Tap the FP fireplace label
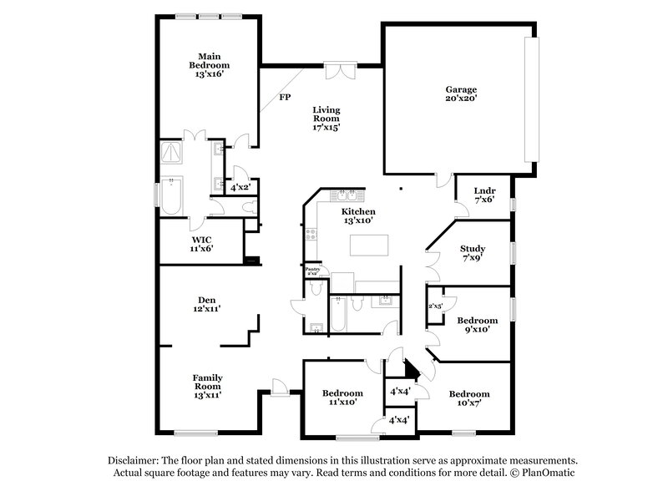click(x=285, y=98)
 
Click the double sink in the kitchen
click(x=345, y=196)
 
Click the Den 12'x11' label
click(x=208, y=304)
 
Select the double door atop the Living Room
click(x=339, y=71)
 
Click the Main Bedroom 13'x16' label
click(x=208, y=65)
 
